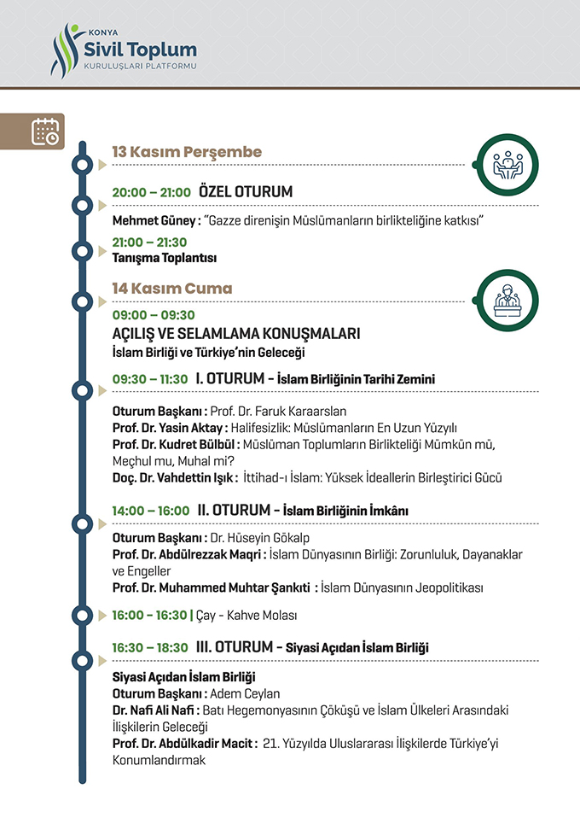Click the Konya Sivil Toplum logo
pyautogui.click(x=123, y=48)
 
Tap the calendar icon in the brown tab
pyautogui.click(x=45, y=131)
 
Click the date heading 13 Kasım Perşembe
pyautogui.click(x=187, y=153)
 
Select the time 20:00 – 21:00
pyautogui.click(x=152, y=192)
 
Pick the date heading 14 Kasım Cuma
pyautogui.click(x=172, y=289)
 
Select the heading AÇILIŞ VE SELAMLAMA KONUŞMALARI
pyautogui.click(x=236, y=333)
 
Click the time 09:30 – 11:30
pyautogui.click(x=150, y=378)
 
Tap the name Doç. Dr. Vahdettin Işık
pyautogui.click(x=173, y=477)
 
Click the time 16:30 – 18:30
pyautogui.click(x=151, y=647)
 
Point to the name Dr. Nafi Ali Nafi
pyautogui.click(x=154, y=710)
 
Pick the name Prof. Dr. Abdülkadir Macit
pyautogui.click(x=184, y=744)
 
